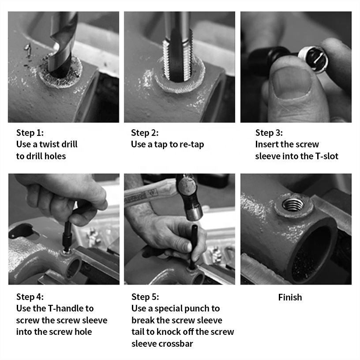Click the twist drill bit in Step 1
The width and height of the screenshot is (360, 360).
(63, 44)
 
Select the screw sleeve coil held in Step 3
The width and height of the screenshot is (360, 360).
(313, 59)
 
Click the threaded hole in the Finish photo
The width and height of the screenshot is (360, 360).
(293, 204)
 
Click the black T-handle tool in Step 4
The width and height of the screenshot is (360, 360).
(67, 236)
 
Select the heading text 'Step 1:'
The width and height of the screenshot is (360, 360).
(30, 133)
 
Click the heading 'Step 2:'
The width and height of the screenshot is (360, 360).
(145, 133)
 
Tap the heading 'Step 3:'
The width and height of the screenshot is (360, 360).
(269, 133)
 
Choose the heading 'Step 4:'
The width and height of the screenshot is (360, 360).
(30, 296)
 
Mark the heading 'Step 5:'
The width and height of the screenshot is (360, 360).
(145, 296)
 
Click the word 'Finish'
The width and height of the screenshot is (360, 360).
(290, 297)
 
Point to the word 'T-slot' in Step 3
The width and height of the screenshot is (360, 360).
(327, 156)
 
